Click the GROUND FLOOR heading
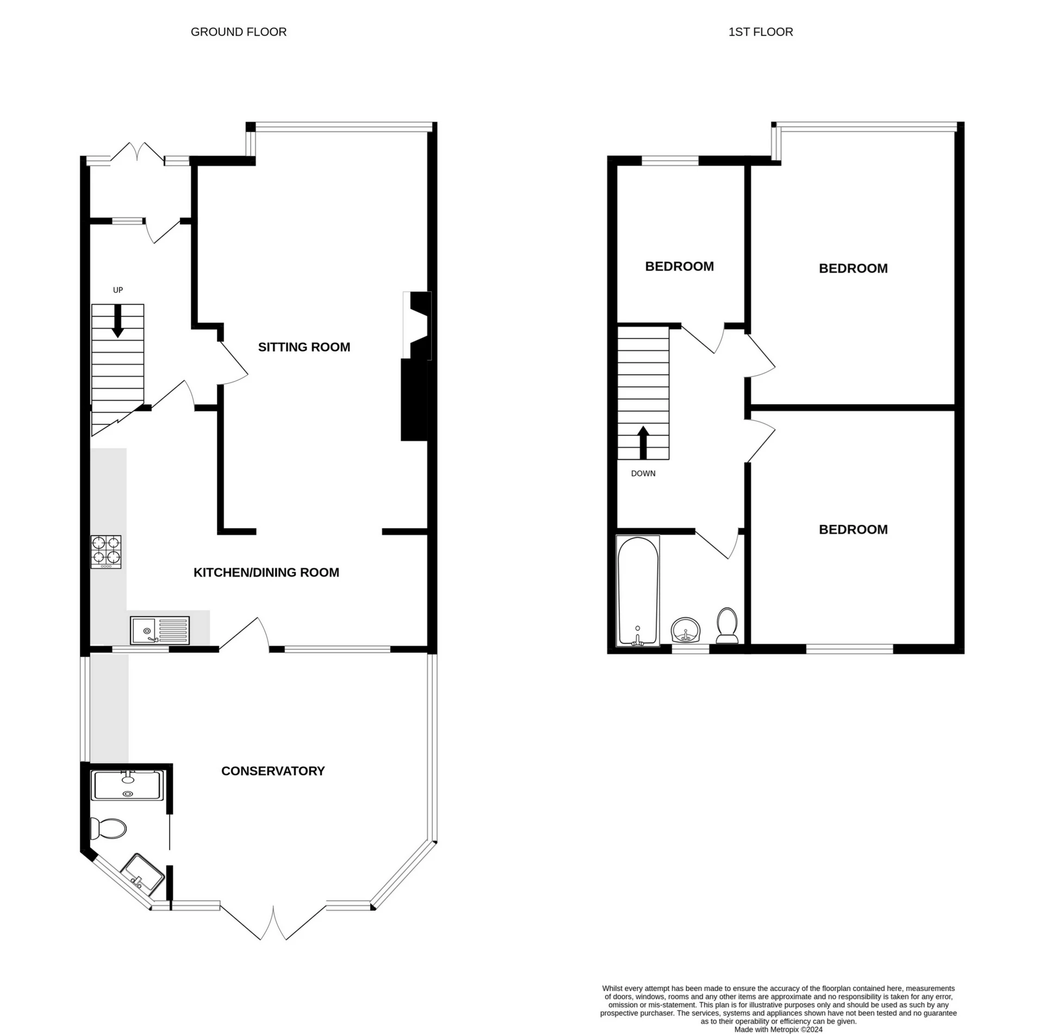coord(238,32)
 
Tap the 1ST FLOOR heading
coord(761,32)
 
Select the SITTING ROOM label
coord(304,347)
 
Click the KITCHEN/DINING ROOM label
coord(266,572)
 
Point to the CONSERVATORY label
coord(273,771)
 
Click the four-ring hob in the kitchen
coord(106,552)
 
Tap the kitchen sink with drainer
coord(160,630)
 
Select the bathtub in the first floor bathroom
coord(638,591)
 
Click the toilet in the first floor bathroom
coord(727,625)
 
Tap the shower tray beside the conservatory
coord(127,786)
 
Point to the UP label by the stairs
coord(118,290)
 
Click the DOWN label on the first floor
coord(643,473)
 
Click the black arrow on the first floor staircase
coord(643,443)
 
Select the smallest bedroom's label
coord(679,266)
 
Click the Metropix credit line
coord(779,1029)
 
